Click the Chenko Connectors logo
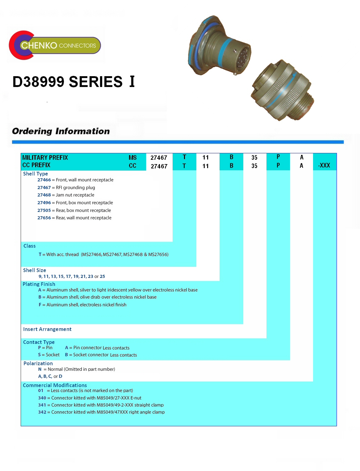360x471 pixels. pyautogui.click(x=55, y=45)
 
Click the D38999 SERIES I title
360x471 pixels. pyautogui.click(x=74, y=82)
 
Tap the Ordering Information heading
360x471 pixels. pyautogui.click(x=61, y=131)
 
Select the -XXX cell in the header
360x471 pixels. pyautogui.click(x=324, y=165)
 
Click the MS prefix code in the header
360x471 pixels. pyautogui.click(x=132, y=158)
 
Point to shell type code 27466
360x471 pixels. pyautogui.click(x=44, y=180)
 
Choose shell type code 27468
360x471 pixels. pyautogui.click(x=44, y=195)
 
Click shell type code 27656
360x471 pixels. pyautogui.click(x=44, y=218)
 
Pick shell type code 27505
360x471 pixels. pyautogui.click(x=44, y=210)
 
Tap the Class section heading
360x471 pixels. pyautogui.click(x=29, y=246)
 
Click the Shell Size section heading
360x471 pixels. pyautogui.click(x=34, y=270)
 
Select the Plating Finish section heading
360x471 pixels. pyautogui.click(x=39, y=284)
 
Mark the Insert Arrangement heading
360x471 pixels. pyautogui.click(x=47, y=329)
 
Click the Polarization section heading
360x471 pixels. pyautogui.click(x=38, y=363)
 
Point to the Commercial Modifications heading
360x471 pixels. pyautogui.click(x=55, y=385)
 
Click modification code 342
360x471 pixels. pyautogui.click(x=42, y=412)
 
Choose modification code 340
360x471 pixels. pyautogui.click(x=42, y=398)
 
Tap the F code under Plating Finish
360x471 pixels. pyautogui.click(x=40, y=305)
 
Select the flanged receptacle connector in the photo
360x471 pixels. pyautogui.click(x=219, y=45)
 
